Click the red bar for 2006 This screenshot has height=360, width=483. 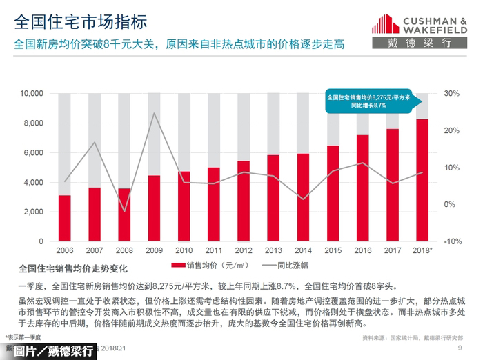65,219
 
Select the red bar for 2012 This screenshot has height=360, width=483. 244,201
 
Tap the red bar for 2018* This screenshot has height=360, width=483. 422,180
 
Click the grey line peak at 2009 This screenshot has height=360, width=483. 154,113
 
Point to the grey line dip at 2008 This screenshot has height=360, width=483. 124,212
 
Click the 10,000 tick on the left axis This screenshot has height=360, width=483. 32,93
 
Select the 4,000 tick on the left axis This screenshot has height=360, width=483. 34,183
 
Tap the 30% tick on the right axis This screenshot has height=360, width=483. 452,93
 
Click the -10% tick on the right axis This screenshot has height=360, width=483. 452,242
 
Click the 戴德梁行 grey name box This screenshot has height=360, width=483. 422,43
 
